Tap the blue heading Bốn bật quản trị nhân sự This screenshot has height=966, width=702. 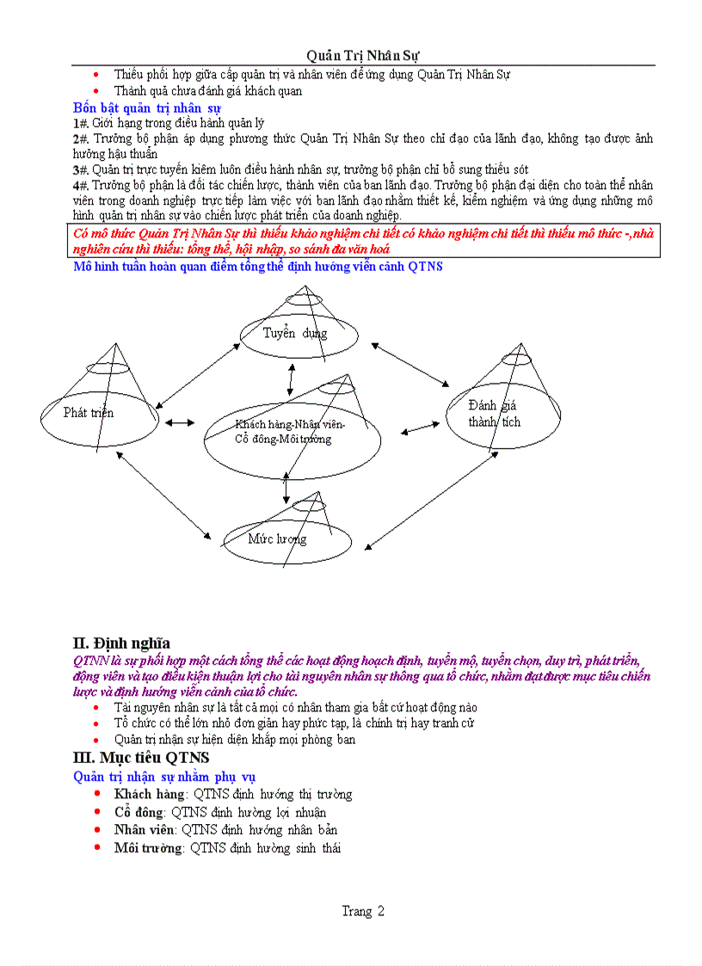146,108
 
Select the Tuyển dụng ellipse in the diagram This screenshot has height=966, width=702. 297,335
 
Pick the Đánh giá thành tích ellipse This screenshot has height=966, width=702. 503,415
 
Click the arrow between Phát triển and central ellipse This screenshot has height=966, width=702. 181,422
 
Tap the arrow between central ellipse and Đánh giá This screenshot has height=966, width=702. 421,428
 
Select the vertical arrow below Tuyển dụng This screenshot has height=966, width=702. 292,378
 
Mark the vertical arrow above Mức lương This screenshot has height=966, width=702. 286,486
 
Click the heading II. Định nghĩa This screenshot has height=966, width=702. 121,643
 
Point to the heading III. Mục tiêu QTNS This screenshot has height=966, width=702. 141,758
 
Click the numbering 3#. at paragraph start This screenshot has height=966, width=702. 81,170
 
